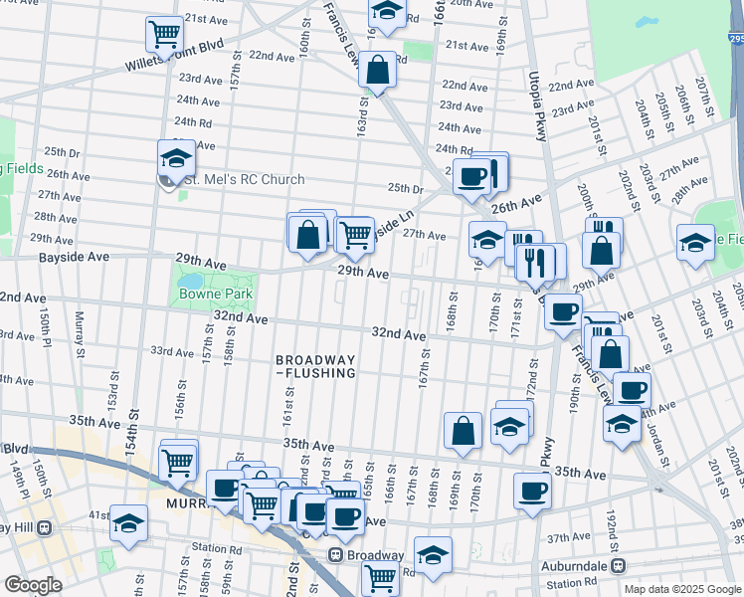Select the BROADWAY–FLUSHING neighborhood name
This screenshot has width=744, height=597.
315,365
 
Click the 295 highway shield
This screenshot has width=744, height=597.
734,39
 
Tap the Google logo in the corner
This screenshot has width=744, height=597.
33,585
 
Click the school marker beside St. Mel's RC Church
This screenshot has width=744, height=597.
176,158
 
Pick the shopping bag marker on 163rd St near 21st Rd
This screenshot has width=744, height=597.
378,71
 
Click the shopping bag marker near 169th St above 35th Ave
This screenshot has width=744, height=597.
463,431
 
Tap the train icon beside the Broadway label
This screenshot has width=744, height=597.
334,555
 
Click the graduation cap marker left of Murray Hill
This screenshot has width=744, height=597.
128,522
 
